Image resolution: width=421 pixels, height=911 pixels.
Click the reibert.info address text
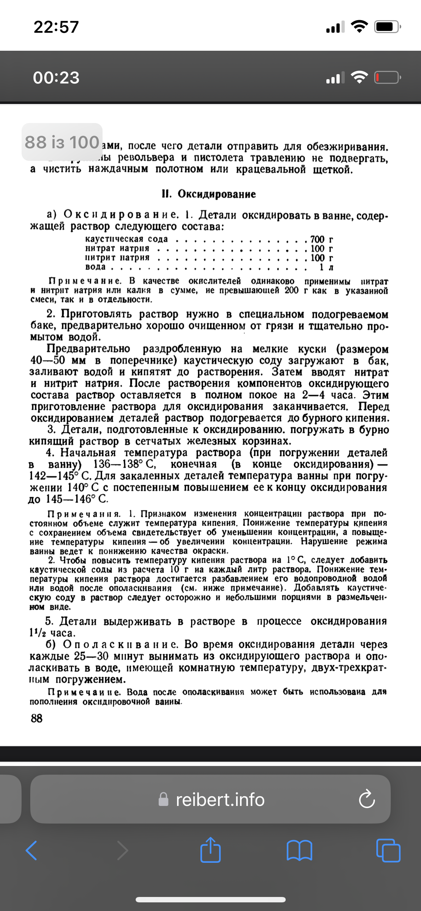point(220,799)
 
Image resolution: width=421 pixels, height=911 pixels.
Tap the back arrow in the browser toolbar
point(31,851)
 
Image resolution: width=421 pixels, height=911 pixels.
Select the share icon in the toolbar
point(210,850)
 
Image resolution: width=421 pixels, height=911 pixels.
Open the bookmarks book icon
point(299,851)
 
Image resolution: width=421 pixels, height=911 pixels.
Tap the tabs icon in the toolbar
point(388,851)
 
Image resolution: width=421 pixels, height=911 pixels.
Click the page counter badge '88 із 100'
point(62,142)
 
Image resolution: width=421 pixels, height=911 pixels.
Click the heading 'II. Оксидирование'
point(209,194)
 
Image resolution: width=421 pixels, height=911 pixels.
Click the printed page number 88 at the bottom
point(36,718)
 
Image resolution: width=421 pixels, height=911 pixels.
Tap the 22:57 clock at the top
point(56,27)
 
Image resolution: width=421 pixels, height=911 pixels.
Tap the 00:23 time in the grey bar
point(56,78)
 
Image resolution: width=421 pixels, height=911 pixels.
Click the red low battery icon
point(387,77)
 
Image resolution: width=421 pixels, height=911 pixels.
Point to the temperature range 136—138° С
point(125,464)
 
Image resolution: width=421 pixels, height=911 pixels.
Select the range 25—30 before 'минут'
point(91,656)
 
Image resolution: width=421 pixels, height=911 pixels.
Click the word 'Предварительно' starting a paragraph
point(89,349)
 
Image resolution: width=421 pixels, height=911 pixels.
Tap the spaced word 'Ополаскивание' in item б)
point(120,644)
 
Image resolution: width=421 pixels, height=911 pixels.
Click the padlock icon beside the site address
point(163,799)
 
